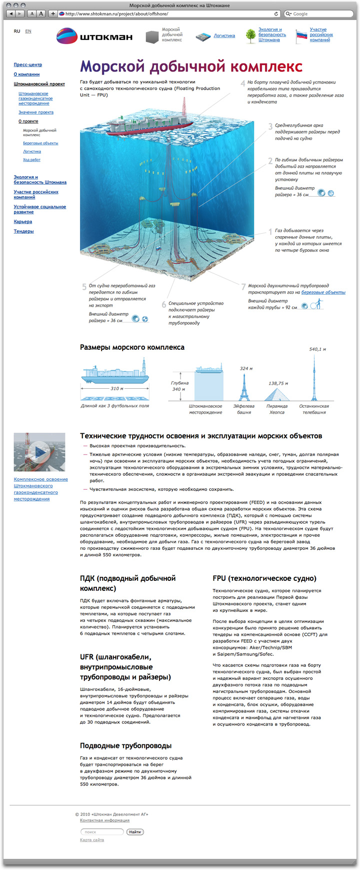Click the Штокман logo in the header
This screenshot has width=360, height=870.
point(94,36)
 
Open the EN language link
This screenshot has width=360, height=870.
point(28,31)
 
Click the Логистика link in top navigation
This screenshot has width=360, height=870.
point(224,36)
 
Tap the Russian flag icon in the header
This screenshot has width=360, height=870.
point(301,36)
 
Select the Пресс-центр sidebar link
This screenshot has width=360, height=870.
point(28,65)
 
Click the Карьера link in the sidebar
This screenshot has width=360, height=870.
point(23,222)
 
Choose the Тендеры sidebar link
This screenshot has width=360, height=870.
point(24,231)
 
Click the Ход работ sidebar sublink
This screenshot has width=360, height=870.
point(31,160)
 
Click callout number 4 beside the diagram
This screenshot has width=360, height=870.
point(243,84)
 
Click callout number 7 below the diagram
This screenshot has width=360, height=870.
point(243,287)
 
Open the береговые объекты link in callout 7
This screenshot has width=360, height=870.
point(323,292)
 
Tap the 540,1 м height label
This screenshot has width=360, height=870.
point(317,349)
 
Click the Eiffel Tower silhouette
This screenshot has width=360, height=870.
point(244,387)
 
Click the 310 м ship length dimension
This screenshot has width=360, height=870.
point(115,388)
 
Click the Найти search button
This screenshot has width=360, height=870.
point(135,832)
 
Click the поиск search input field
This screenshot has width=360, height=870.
point(102,832)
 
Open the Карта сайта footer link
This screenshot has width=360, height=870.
point(92,840)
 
